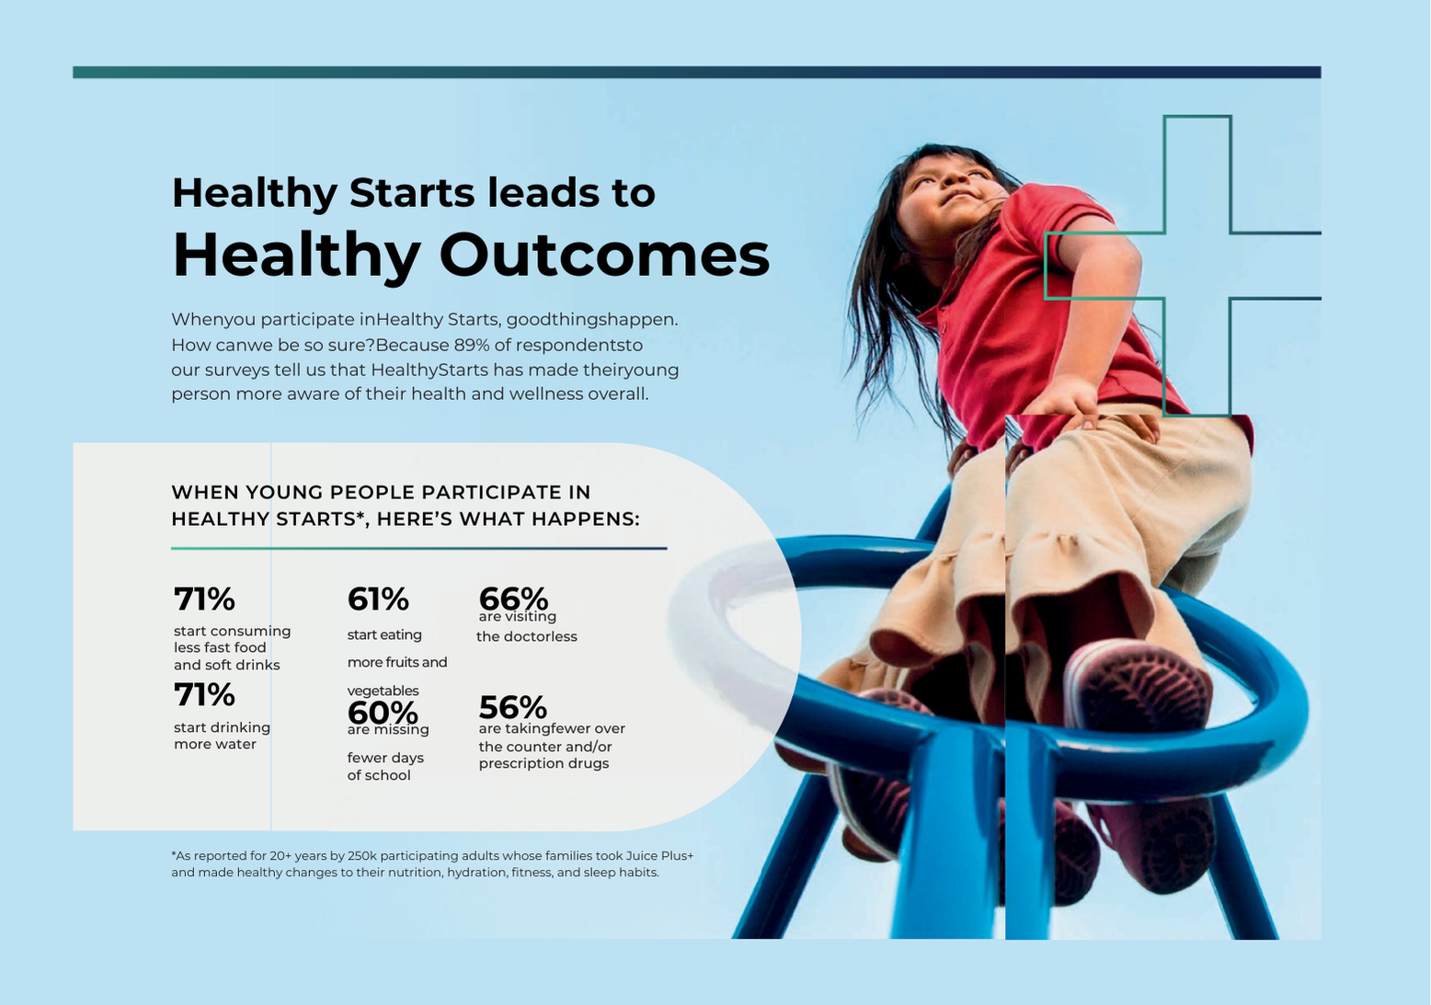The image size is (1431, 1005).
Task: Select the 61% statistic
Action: click(378, 600)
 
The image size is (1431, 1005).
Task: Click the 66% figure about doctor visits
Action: click(512, 598)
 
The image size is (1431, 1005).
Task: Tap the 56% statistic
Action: click(512, 707)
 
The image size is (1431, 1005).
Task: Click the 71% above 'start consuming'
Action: click(204, 600)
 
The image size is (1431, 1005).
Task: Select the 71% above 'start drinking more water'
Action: click(204, 695)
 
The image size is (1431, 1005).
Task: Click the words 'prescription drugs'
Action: click(544, 763)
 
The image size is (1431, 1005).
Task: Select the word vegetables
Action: click(383, 691)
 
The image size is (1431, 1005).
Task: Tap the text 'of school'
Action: click(379, 775)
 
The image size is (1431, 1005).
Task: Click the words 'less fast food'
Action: click(220, 647)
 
